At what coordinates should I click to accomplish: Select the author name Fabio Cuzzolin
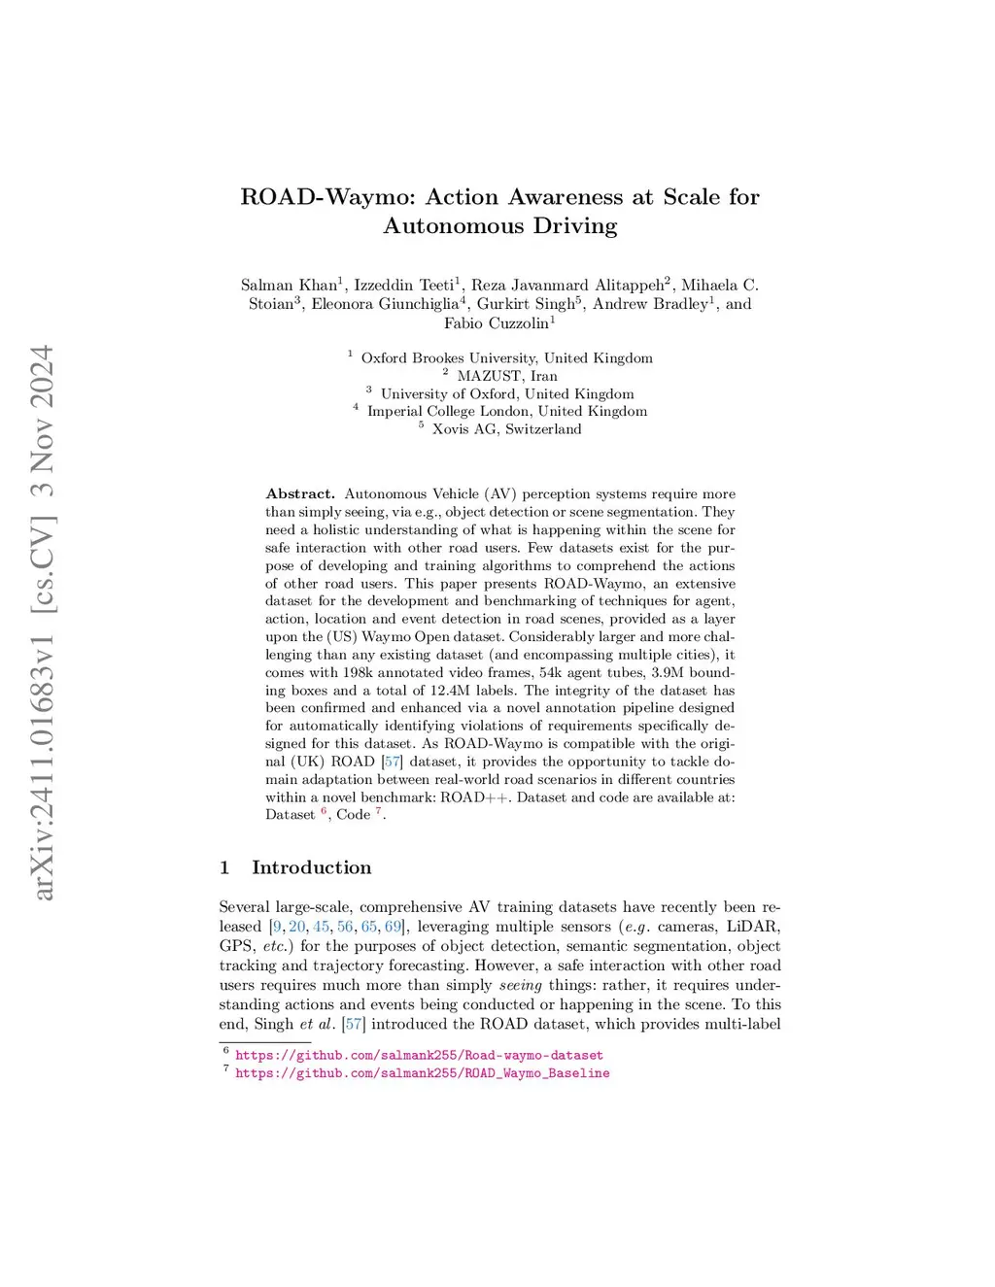tap(497, 323)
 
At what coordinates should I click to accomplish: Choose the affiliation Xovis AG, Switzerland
tap(506, 429)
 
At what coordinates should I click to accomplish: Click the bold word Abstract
tap(300, 494)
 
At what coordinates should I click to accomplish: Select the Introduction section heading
tap(311, 867)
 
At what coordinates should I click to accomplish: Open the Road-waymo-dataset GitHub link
tap(419, 1055)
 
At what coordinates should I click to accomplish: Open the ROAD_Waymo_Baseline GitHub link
tap(423, 1073)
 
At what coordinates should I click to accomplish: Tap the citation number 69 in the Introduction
tap(393, 927)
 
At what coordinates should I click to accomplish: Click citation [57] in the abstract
tap(393, 762)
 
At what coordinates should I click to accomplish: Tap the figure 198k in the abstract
tap(356, 672)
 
